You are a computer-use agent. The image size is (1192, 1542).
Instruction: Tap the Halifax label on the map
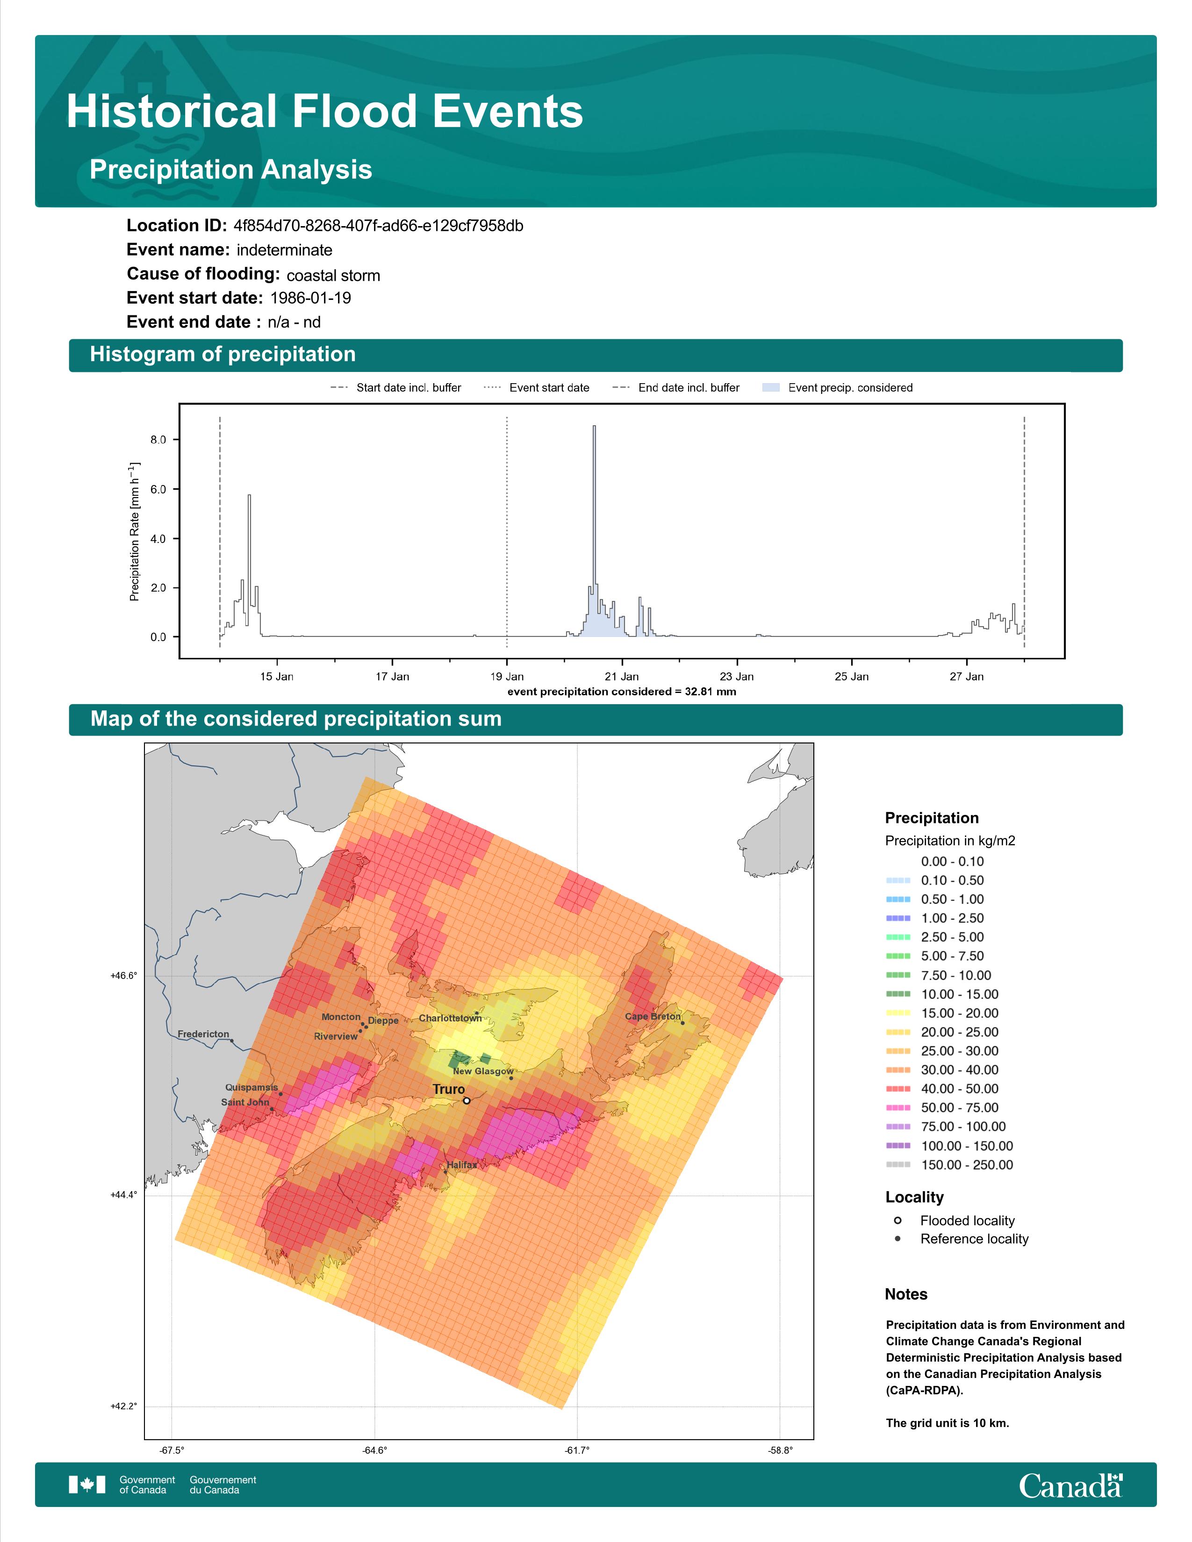click(462, 1165)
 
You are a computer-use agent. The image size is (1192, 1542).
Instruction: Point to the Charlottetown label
click(451, 1018)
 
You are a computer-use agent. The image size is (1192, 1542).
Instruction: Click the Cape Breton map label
click(653, 1017)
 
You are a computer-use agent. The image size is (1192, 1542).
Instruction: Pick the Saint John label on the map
click(245, 1102)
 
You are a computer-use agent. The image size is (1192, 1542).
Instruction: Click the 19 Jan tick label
click(507, 677)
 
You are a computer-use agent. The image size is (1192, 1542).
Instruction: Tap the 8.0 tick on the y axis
click(158, 439)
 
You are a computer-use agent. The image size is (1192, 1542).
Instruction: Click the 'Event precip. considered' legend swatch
click(771, 388)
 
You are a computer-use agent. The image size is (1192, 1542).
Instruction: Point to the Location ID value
click(379, 226)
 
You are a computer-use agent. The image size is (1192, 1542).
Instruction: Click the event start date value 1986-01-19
click(311, 298)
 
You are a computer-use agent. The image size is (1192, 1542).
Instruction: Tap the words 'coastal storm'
click(333, 275)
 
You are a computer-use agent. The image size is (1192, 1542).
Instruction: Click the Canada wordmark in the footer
click(1070, 1486)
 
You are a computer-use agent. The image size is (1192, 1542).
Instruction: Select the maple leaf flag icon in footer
click(87, 1485)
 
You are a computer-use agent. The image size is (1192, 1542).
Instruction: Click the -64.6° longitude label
click(374, 1450)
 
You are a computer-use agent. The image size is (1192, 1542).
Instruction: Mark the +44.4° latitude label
click(123, 1195)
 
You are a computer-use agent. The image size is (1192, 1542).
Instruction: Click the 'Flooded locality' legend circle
click(898, 1220)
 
